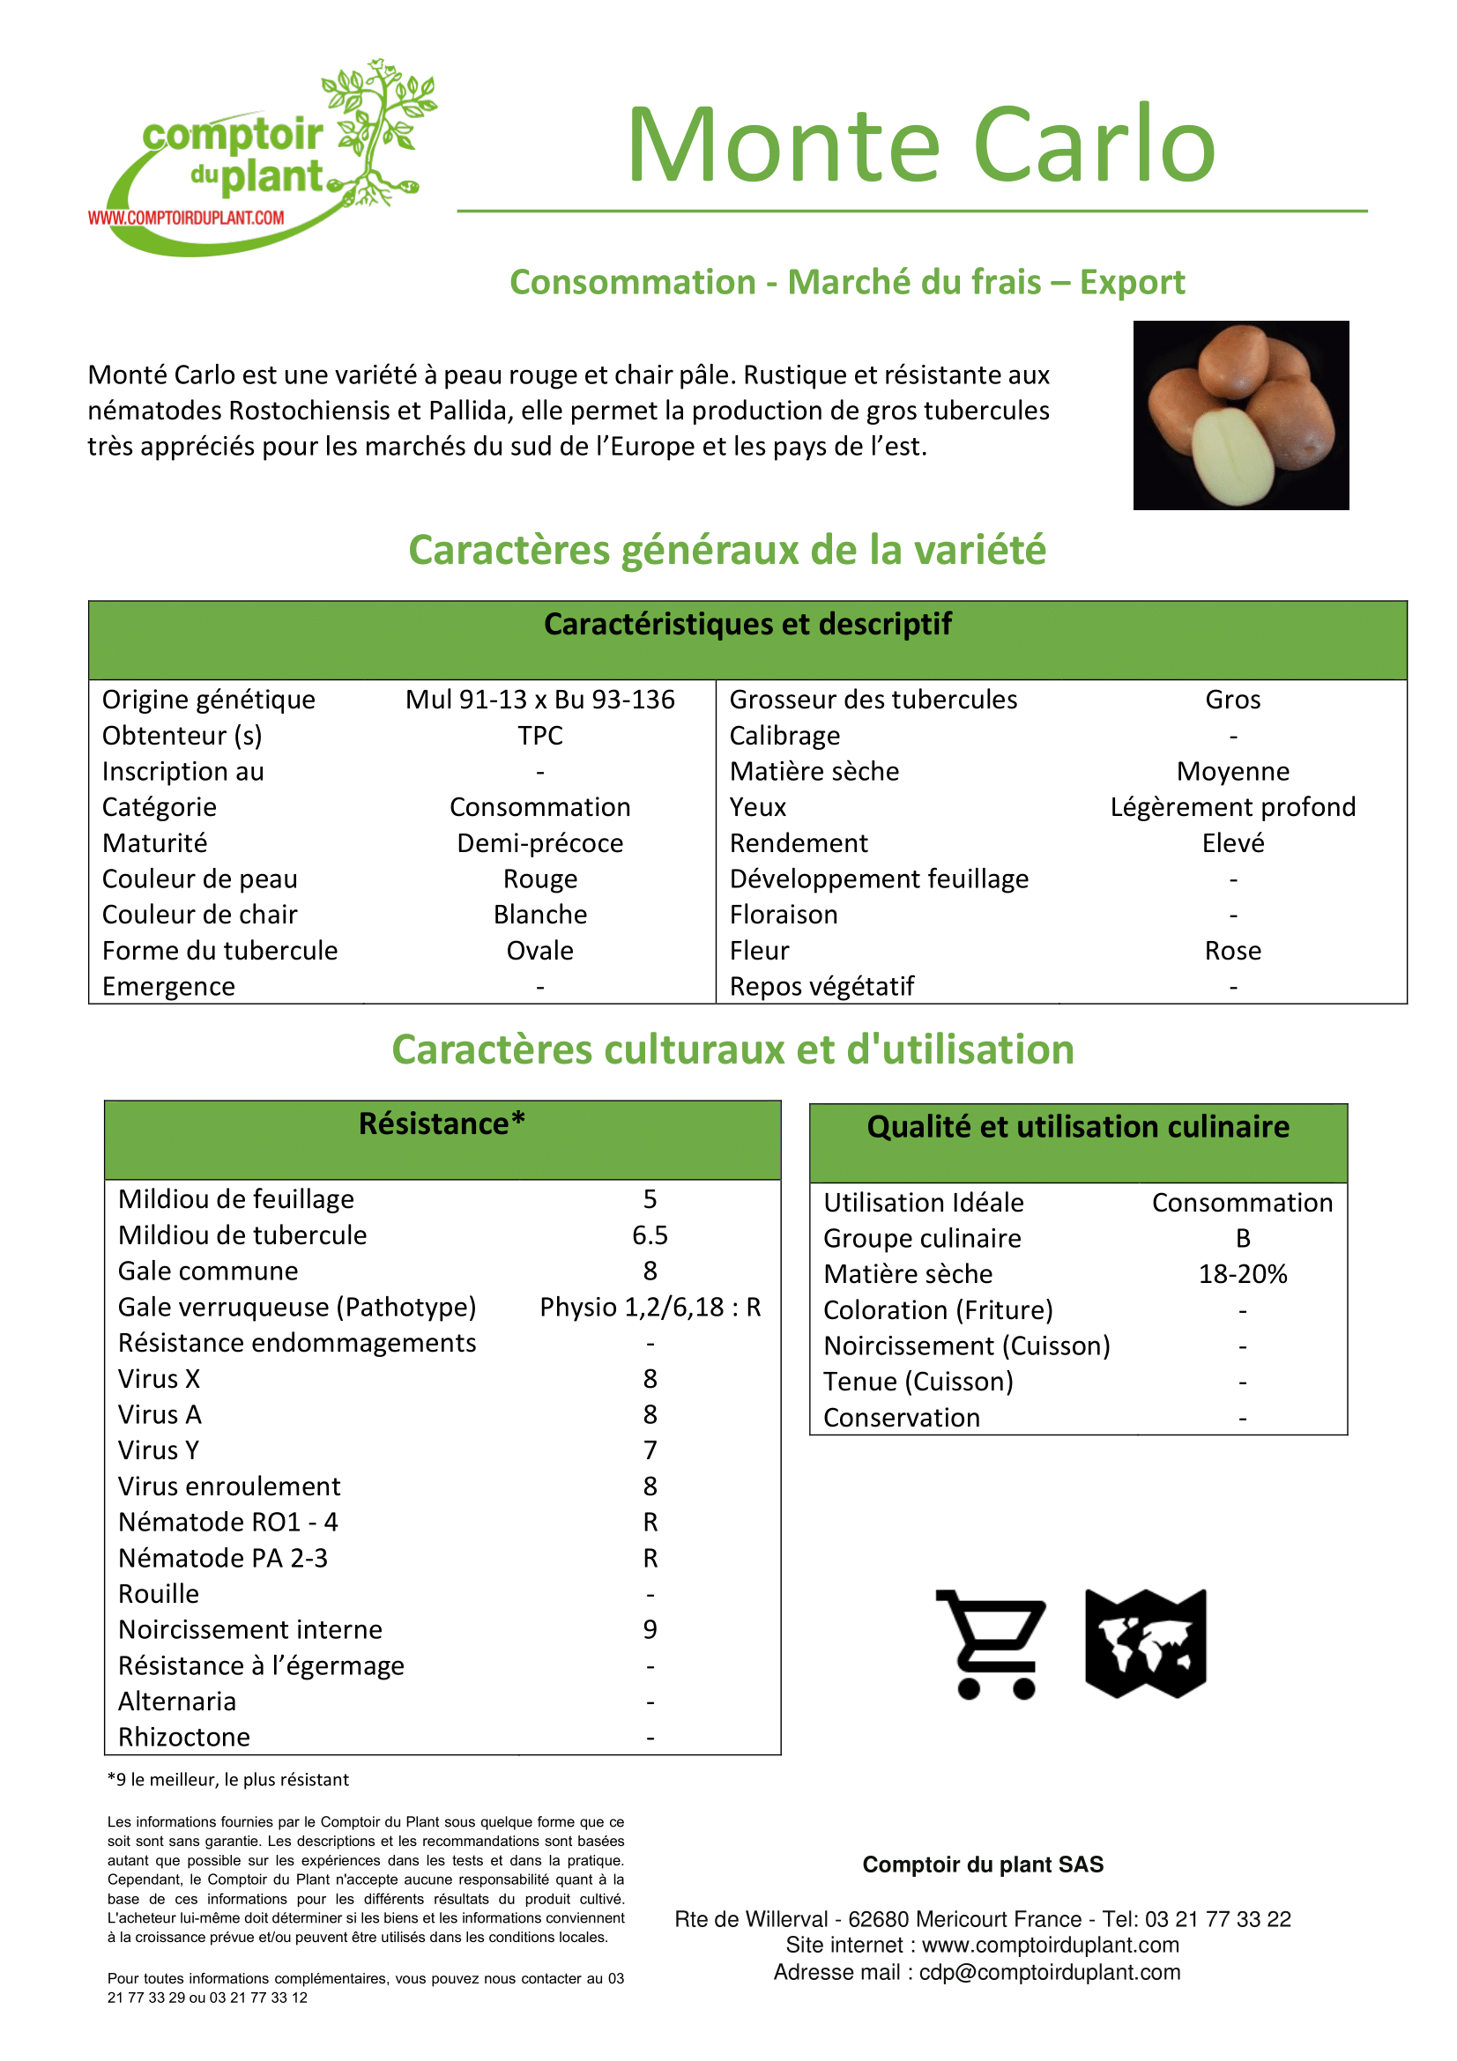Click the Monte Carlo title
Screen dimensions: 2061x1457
tap(920, 145)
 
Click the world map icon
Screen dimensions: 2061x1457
tap(1145, 1643)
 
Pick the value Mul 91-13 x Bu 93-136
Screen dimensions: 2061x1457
tap(539, 700)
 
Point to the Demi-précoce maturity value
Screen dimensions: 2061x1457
tap(539, 843)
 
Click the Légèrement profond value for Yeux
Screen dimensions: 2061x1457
tap(1231, 807)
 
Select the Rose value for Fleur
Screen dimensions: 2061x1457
tap(1231, 951)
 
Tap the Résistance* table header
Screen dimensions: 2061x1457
tap(442, 1123)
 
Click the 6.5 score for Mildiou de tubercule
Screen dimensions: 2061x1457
tap(649, 1235)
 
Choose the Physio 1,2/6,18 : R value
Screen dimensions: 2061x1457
tap(649, 1307)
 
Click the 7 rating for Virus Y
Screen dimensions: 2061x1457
tap(649, 1450)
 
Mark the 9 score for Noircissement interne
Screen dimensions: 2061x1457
tap(649, 1629)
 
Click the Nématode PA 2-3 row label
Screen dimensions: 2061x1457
tap(223, 1559)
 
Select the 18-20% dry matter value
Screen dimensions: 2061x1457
tap(1242, 1274)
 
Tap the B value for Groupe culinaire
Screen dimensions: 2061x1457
tap(1242, 1239)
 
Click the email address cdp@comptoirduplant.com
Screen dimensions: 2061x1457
tap(1049, 1972)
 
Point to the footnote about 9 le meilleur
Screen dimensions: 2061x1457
tap(228, 1780)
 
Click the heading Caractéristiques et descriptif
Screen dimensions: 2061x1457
tap(747, 624)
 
